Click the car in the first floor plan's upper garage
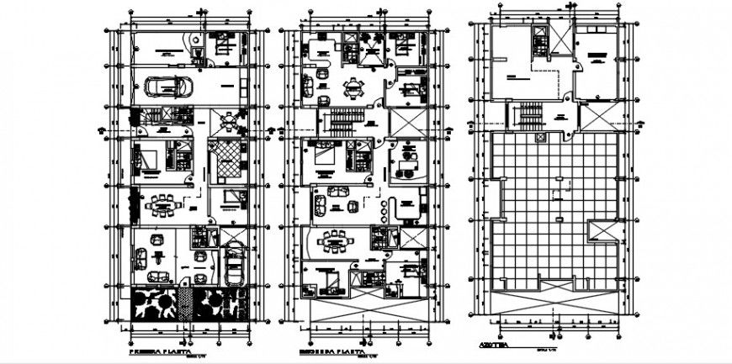[x=166, y=87]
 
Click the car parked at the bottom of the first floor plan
[x=235, y=263]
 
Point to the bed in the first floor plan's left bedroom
[x=148, y=158]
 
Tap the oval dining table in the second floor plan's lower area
[x=337, y=242]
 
